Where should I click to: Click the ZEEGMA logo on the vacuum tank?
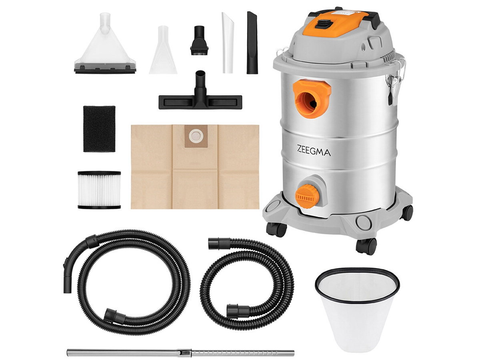(314, 151)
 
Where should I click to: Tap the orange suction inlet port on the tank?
(312, 98)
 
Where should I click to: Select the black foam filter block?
(99, 129)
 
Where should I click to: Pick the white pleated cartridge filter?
(99, 190)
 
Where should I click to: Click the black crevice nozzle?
(252, 43)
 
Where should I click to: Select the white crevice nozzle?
(228, 43)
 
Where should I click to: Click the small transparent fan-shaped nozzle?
(163, 50)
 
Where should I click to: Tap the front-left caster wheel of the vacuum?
(276, 229)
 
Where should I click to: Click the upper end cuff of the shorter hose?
(219, 244)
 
